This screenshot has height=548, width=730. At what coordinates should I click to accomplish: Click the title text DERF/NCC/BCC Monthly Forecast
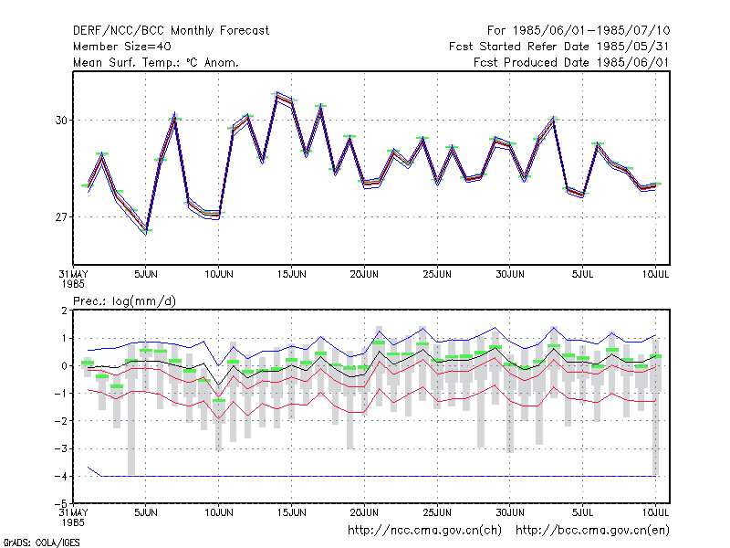tap(171, 31)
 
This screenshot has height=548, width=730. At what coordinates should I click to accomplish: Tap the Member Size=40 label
tap(122, 47)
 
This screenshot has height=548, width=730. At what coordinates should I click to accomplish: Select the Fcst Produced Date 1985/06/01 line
tap(571, 62)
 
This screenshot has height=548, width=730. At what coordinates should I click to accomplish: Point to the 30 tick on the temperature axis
tap(61, 121)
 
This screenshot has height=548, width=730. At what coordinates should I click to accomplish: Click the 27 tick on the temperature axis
tap(61, 217)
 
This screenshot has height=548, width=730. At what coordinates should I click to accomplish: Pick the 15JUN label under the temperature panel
tap(291, 274)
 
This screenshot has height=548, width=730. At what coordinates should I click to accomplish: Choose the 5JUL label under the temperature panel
tap(582, 274)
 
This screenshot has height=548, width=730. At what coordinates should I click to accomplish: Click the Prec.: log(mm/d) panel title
tap(124, 301)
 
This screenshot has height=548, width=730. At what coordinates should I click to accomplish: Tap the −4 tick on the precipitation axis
tap(61, 476)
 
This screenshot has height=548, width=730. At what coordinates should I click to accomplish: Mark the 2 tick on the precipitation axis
tap(64, 311)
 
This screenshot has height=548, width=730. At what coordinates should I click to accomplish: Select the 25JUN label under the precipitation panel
tap(437, 512)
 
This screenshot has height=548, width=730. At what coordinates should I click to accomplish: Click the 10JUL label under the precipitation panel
tap(655, 512)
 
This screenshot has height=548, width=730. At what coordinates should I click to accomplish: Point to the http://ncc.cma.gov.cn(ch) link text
tap(424, 531)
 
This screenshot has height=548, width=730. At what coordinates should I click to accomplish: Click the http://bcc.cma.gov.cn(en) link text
tap(592, 531)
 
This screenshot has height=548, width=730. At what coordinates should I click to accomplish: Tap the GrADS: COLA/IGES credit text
tap(41, 543)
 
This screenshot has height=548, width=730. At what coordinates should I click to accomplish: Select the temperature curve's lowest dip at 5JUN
tap(146, 231)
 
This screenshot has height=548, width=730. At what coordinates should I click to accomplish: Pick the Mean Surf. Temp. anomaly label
tap(155, 62)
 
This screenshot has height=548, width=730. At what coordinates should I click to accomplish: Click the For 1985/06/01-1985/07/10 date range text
tap(579, 31)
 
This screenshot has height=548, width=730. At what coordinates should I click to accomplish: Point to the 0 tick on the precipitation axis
tap(64, 366)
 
